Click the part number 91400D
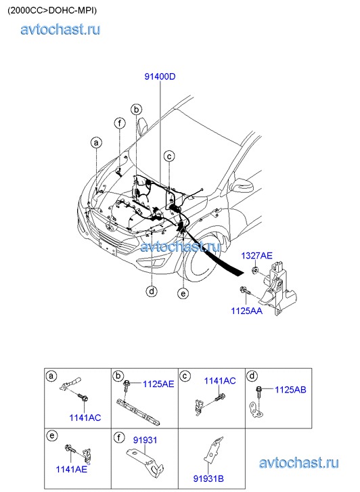[x=160, y=76]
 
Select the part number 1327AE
[x=256, y=256]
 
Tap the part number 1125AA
[x=246, y=311]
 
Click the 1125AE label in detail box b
[x=158, y=384]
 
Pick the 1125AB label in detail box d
[x=290, y=390]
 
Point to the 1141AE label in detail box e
[x=71, y=469]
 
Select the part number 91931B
[x=208, y=479]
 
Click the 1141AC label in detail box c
[x=220, y=381]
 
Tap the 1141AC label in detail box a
[x=85, y=418]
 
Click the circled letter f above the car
[x=120, y=123]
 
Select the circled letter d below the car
[x=152, y=292]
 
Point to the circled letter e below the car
[x=183, y=294]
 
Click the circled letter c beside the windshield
[x=169, y=156]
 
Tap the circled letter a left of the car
[x=96, y=143]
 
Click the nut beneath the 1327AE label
[x=256, y=269]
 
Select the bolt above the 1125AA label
[x=245, y=290]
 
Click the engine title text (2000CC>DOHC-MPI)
[x=52, y=10]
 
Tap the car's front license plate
[x=107, y=247]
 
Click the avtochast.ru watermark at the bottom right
[x=298, y=463]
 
